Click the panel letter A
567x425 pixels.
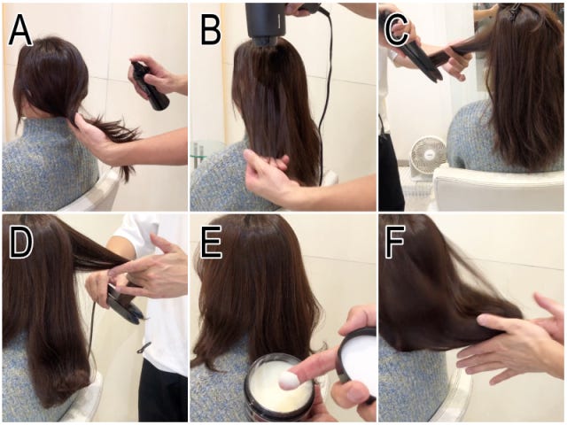(20, 29)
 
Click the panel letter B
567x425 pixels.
(211, 29)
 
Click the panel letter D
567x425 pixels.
(21, 243)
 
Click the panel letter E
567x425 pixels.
(211, 243)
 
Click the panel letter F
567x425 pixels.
(395, 243)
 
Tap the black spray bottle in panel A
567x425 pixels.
(151, 87)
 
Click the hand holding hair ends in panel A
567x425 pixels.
(95, 139)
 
